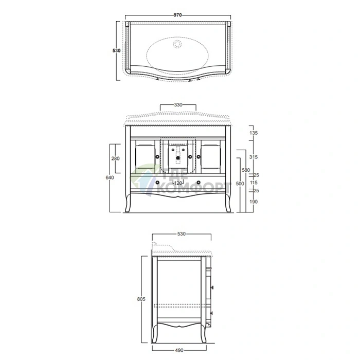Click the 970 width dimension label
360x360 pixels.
pos(177,15)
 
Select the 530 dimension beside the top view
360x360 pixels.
pos(116,50)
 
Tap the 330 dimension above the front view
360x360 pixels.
pos(178,105)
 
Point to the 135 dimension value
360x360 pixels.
pos(254,133)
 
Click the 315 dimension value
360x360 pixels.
pos(254,157)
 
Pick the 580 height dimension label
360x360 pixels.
pos(246,170)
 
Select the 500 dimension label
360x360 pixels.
pos(240,184)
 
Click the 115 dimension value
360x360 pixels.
pos(254,183)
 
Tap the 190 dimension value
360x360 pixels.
pos(254,202)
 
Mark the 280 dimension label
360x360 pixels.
pos(116,158)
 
